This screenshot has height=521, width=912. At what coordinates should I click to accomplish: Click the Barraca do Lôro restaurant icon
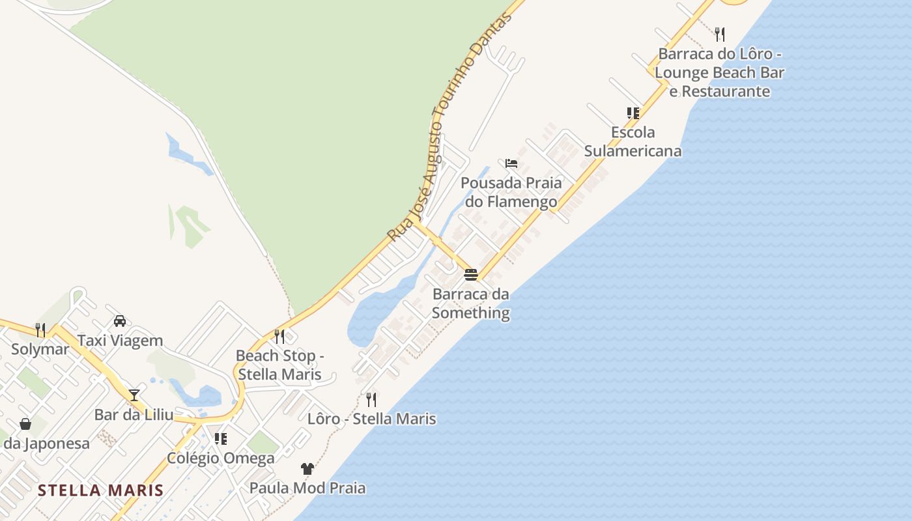click(719, 33)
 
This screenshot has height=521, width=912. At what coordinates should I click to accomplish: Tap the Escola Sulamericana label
click(633, 141)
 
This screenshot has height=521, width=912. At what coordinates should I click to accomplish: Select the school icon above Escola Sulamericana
click(633, 113)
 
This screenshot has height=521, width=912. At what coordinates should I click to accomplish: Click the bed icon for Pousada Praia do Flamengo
click(511, 163)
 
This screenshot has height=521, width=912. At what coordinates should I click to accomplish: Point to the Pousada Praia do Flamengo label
click(511, 191)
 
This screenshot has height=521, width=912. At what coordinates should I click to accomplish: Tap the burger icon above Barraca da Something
click(471, 274)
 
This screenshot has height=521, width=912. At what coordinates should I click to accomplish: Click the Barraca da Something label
click(470, 303)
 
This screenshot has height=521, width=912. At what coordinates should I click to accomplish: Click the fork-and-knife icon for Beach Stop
click(279, 336)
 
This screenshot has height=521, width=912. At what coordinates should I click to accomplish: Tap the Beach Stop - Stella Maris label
click(279, 365)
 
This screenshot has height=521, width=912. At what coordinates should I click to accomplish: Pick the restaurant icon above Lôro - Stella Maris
click(371, 399)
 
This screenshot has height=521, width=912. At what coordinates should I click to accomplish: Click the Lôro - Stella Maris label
click(371, 418)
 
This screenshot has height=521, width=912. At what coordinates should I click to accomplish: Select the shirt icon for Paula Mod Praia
click(307, 468)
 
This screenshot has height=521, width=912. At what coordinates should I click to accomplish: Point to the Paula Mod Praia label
click(307, 488)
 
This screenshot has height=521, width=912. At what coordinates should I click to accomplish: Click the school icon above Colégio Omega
click(221, 439)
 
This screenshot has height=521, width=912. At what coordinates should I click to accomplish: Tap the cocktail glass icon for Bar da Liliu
click(134, 395)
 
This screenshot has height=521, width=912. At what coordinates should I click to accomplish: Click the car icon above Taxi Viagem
click(120, 320)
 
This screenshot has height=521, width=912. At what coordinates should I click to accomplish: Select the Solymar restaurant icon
click(40, 330)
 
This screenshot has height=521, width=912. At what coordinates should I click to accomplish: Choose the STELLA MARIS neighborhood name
click(100, 490)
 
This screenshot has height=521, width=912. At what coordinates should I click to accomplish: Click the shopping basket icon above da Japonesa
click(25, 424)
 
